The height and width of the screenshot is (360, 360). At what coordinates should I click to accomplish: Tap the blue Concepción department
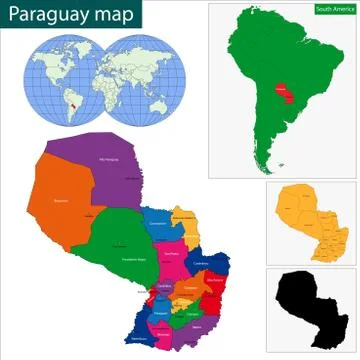click(x=159, y=224)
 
